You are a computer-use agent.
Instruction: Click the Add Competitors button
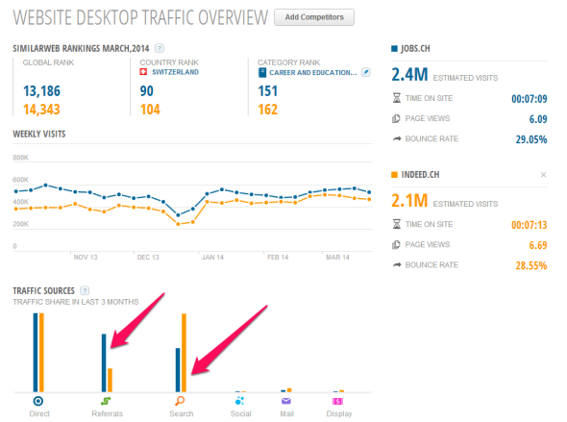click(314, 17)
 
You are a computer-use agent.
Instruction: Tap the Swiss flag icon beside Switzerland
click(144, 72)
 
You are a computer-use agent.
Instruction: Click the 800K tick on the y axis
click(21, 158)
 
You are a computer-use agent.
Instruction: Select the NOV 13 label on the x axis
click(86, 258)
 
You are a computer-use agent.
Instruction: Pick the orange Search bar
click(184, 352)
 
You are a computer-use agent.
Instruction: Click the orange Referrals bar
click(110, 380)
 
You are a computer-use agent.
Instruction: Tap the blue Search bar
click(177, 369)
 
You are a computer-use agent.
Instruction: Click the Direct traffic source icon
click(37, 401)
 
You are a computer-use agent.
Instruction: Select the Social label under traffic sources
click(240, 414)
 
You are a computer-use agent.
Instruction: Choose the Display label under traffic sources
click(338, 414)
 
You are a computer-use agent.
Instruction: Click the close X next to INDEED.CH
click(543, 174)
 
